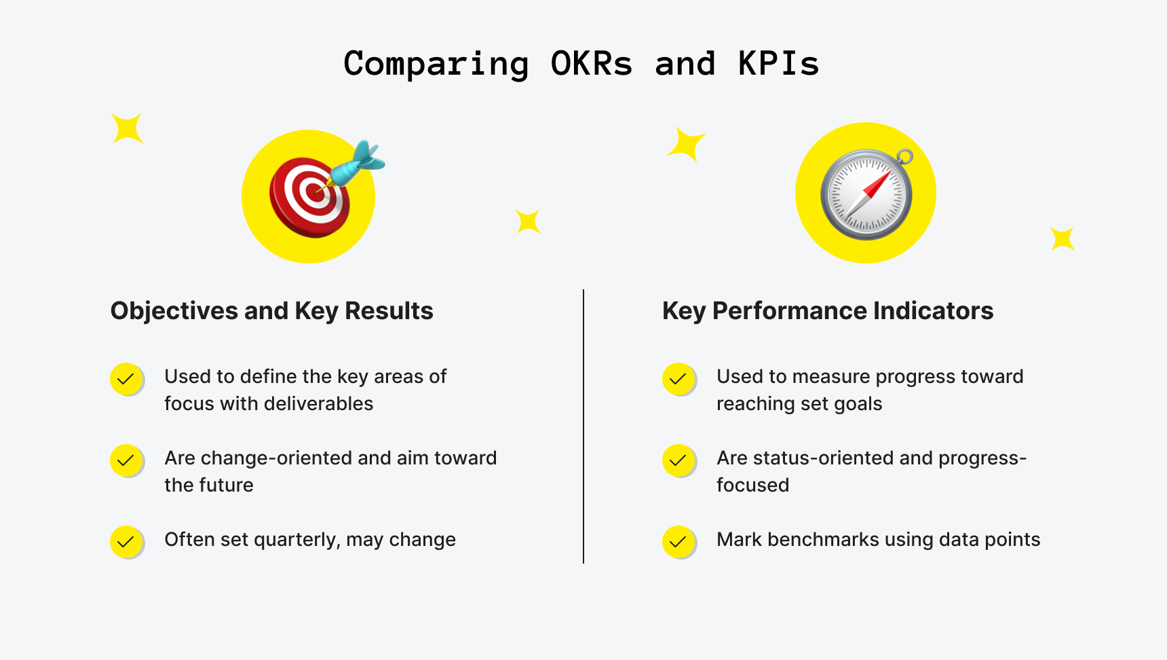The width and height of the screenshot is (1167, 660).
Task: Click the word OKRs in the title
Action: point(591,64)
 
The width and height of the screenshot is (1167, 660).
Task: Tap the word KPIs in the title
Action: point(778,64)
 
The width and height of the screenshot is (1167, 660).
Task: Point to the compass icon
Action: point(866,194)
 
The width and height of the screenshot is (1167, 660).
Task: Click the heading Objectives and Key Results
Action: point(271,311)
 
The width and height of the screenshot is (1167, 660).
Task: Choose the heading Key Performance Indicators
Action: point(827,311)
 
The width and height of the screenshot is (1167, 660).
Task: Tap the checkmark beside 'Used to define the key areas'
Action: point(126,379)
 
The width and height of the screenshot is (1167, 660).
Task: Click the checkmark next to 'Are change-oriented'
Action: point(126,460)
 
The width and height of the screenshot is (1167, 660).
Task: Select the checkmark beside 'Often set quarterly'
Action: point(126,542)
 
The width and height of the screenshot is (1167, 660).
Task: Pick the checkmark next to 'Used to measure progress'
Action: point(678,379)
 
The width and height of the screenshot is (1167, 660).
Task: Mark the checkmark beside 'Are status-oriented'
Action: point(678,460)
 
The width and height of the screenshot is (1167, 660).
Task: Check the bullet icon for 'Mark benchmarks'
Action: point(678,542)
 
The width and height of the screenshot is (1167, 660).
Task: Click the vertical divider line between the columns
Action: point(583,426)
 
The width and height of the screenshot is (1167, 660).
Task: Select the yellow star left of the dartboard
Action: point(127,128)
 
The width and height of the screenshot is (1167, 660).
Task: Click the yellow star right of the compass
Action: point(1062,239)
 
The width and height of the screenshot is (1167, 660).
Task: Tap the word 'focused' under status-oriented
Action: point(752,485)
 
